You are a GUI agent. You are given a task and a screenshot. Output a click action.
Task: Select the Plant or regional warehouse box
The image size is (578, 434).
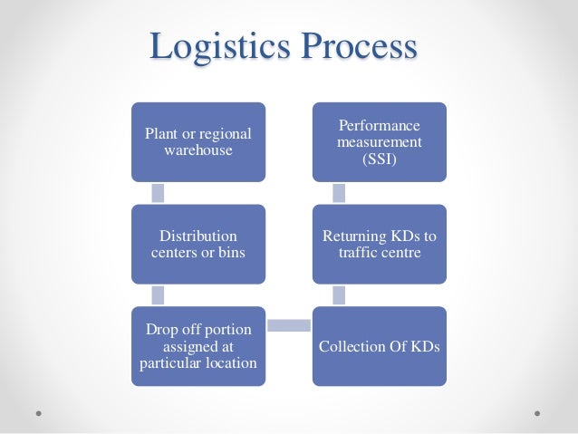(x=198, y=141)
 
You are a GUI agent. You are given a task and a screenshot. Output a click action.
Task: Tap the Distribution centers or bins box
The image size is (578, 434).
(x=198, y=244)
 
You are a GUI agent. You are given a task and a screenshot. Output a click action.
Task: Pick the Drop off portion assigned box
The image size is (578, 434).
(x=198, y=346)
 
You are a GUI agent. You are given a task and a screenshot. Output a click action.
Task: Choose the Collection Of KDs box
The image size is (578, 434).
(x=380, y=346)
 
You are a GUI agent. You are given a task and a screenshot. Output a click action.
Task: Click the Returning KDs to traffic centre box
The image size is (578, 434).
(x=380, y=244)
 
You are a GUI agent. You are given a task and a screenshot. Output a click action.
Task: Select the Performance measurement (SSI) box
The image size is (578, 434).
(x=380, y=141)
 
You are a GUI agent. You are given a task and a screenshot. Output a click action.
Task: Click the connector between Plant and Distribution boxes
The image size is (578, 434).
(x=158, y=192)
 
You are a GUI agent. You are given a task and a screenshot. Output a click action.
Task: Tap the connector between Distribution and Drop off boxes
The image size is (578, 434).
(x=158, y=294)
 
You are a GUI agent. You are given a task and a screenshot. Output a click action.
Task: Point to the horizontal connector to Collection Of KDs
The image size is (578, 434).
(x=289, y=324)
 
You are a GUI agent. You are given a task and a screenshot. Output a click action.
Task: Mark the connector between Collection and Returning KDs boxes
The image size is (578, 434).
(x=339, y=294)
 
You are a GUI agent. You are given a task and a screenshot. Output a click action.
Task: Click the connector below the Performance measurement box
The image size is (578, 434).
(x=339, y=192)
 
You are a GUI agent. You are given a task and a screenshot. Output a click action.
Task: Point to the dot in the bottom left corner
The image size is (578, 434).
(x=39, y=412)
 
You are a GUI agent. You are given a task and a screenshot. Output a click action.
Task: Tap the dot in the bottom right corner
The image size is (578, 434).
(x=538, y=412)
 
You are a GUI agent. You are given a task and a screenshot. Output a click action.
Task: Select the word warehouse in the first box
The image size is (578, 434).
(x=198, y=149)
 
